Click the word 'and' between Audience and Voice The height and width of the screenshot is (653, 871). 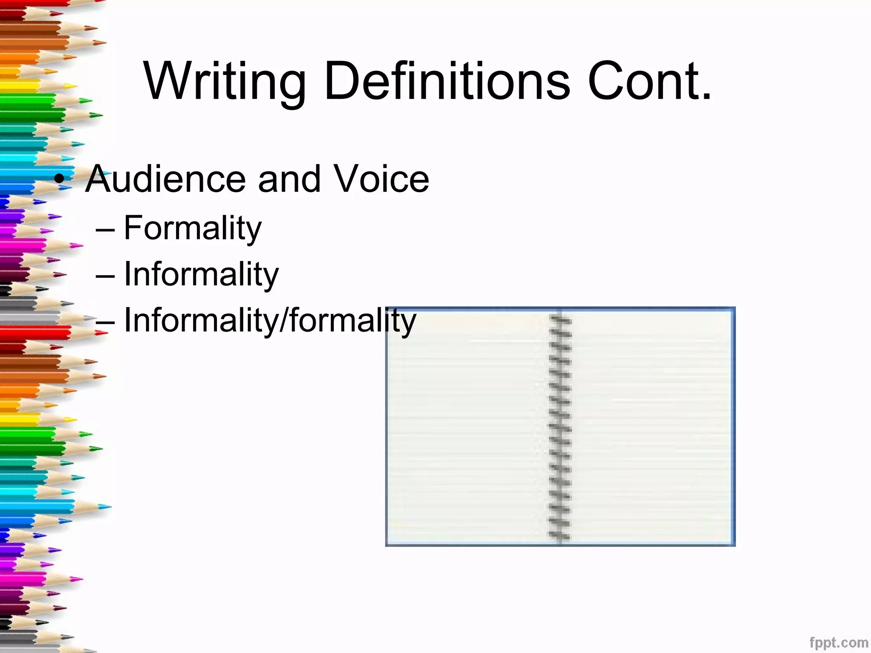[289, 179]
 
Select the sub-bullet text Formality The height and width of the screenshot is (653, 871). [192, 228]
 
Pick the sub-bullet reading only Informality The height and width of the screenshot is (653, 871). [201, 274]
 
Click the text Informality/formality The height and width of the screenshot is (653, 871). [270, 321]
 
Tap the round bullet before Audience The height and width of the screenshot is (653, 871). [60, 180]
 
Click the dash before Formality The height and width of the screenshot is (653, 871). [105, 230]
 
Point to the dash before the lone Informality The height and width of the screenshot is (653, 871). [105, 276]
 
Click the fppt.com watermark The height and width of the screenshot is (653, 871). [838, 642]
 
